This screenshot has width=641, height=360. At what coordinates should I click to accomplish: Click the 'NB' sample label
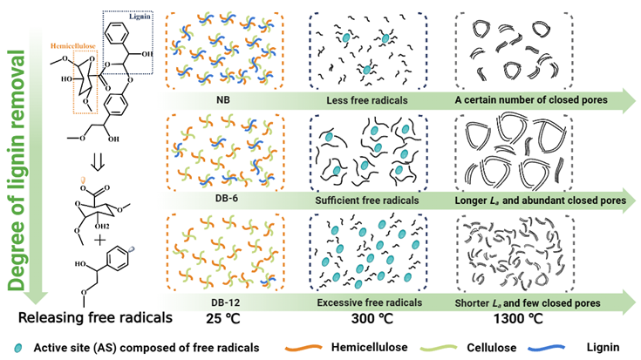pos(223,99)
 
